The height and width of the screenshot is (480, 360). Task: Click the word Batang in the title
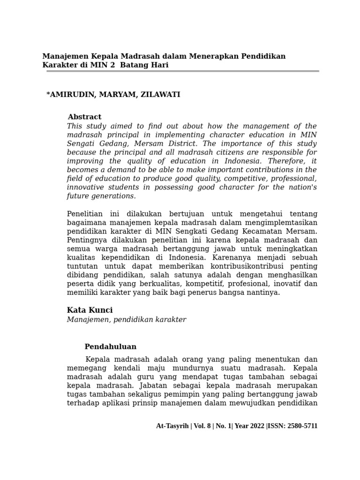click(x=135, y=65)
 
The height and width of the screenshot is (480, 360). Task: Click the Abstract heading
click(x=84, y=117)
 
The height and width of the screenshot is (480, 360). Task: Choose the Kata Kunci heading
click(x=90, y=310)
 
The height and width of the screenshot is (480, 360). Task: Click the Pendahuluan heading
click(x=110, y=347)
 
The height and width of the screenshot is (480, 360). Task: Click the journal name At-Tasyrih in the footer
click(x=172, y=426)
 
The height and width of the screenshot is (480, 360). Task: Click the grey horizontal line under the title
click(x=180, y=71)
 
